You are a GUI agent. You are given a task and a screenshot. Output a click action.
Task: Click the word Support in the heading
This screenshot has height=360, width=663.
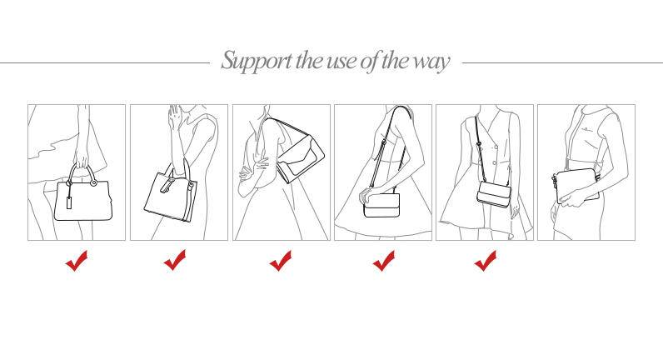pos(257,62)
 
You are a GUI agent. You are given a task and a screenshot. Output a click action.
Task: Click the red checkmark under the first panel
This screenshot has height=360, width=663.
pos(77,261)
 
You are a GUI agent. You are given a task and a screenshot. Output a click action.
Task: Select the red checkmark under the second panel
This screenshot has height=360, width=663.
pos(175,260)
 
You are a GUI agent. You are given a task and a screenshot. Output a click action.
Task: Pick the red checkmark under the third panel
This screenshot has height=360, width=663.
pos(281,261)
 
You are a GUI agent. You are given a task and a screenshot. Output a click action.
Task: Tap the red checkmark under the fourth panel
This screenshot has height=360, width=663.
pos(384,261)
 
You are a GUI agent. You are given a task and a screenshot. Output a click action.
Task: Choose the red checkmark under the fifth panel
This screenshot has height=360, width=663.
pos(486,261)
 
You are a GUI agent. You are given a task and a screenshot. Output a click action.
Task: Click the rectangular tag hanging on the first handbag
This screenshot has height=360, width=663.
pos(69,202)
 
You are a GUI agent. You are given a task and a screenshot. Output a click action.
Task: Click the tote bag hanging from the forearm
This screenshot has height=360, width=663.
pos(171,192)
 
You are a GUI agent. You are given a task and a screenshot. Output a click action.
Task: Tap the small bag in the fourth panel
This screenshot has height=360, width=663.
pos(381,206)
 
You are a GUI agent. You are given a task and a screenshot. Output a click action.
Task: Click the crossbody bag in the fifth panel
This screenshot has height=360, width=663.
pos(494,194)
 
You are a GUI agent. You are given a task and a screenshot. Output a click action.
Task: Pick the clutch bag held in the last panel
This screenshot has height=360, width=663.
pos(577,186)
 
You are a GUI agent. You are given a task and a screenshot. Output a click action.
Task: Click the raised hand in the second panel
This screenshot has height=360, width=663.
pos(174,119)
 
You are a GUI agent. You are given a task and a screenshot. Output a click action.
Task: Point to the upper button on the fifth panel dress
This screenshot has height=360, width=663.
pos(495,147)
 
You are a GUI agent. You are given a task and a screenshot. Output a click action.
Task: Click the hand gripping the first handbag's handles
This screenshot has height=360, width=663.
pos(82,160)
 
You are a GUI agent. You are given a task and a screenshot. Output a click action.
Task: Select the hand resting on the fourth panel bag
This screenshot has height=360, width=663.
pos(369,195)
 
